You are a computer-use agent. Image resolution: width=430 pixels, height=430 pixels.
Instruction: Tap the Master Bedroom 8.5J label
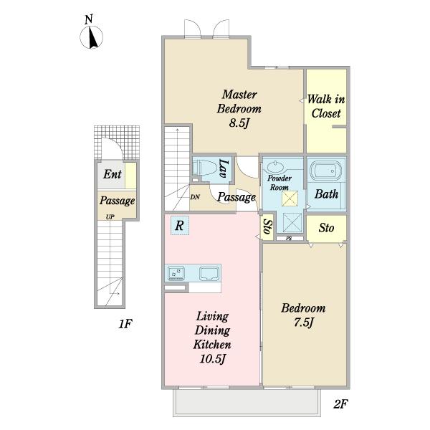click(239, 109)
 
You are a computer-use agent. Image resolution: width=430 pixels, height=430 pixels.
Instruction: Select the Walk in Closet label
click(326, 106)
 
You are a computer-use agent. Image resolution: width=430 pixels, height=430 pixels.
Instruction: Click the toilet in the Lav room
click(206, 168)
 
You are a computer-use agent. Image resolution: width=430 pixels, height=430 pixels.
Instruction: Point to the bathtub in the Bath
click(326, 171)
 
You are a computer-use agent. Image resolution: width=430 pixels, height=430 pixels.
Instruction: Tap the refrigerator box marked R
click(180, 225)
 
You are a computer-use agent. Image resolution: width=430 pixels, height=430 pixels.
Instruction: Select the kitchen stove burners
click(176, 274)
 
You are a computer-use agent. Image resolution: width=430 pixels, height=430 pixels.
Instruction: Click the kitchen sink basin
click(209, 274)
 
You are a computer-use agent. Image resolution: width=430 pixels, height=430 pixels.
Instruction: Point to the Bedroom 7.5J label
click(303, 315)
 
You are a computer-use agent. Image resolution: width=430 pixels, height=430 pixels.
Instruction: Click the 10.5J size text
click(213, 359)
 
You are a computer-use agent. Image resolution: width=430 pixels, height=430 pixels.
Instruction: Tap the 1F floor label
click(125, 324)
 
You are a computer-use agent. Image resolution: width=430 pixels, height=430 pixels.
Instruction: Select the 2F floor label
click(340, 404)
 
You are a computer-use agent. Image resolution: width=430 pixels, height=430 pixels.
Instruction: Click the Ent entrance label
click(113, 174)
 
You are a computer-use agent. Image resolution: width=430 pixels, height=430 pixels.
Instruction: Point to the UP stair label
click(110, 217)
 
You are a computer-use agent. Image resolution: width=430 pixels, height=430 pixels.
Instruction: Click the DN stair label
click(195, 197)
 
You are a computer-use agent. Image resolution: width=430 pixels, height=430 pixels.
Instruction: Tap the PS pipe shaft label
click(289, 239)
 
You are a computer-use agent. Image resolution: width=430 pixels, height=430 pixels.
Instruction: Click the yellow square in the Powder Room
click(290, 199)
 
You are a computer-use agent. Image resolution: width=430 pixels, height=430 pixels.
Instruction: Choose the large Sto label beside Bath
click(326, 228)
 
